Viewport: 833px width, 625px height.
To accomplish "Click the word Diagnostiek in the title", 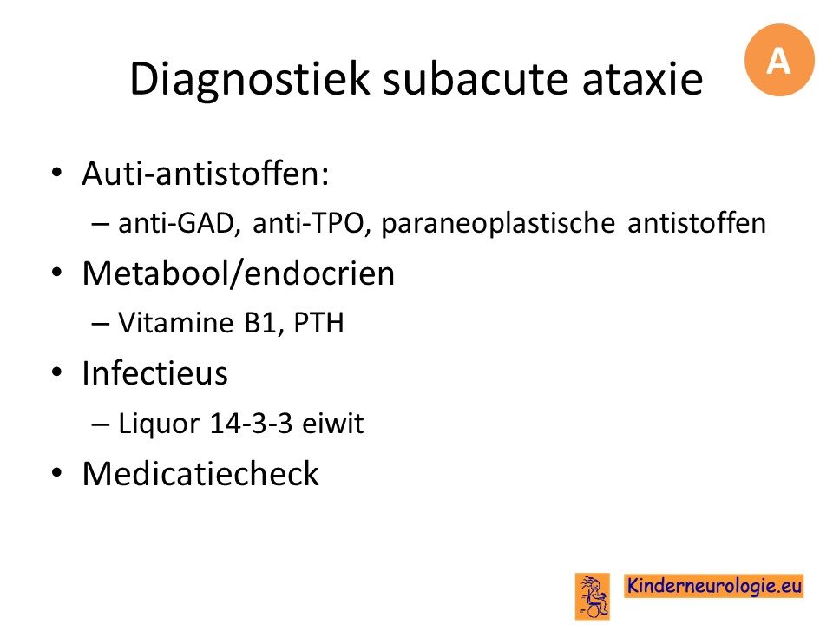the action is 249,80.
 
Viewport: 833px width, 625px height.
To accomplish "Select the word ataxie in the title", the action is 642,80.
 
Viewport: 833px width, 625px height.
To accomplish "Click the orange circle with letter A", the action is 779,60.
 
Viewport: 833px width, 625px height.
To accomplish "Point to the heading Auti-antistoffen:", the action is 206,174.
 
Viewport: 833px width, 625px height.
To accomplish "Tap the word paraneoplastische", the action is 498,224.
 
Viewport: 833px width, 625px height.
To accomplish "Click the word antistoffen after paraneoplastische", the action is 697,223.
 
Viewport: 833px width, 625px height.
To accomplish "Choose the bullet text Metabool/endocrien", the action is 239,273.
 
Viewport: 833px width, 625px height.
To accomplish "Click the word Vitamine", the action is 176,323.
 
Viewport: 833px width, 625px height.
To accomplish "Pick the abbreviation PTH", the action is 318,323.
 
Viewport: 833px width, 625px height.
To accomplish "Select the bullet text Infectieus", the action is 155,373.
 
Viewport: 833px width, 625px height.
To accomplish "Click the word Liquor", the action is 158,424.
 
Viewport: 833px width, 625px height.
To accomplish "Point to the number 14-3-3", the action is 251,424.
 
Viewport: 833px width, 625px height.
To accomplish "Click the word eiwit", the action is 333,424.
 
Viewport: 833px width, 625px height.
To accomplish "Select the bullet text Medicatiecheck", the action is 200,474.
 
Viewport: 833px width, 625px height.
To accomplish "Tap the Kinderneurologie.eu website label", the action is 713,586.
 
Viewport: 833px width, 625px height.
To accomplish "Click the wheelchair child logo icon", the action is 593,596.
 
